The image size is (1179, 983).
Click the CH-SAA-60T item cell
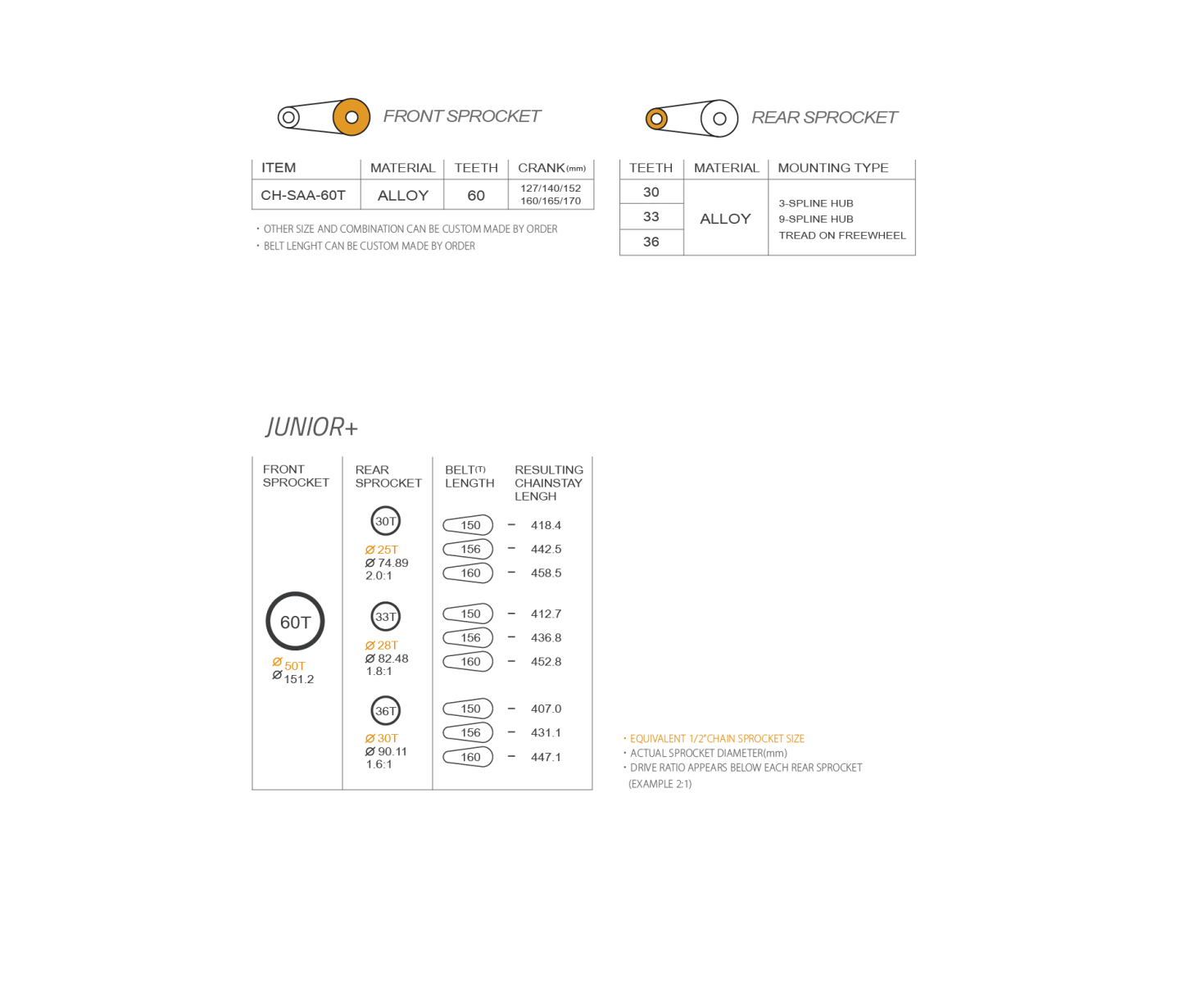(x=302, y=195)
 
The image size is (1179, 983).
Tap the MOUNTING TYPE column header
(x=833, y=168)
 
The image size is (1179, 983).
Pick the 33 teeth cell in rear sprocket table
(x=651, y=216)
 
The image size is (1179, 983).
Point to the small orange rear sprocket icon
(x=656, y=119)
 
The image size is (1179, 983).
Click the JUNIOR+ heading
(x=311, y=427)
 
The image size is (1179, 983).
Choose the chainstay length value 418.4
(x=546, y=525)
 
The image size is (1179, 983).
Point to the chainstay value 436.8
(x=546, y=637)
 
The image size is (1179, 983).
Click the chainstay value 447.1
(x=546, y=757)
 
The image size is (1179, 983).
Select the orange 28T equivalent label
(x=382, y=645)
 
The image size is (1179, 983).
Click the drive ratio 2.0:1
(x=379, y=576)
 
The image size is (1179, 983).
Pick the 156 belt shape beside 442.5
(x=468, y=549)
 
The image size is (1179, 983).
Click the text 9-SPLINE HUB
(x=816, y=219)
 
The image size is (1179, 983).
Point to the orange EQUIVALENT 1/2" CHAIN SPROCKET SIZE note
(x=717, y=739)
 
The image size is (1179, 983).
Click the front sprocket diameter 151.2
(x=298, y=679)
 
